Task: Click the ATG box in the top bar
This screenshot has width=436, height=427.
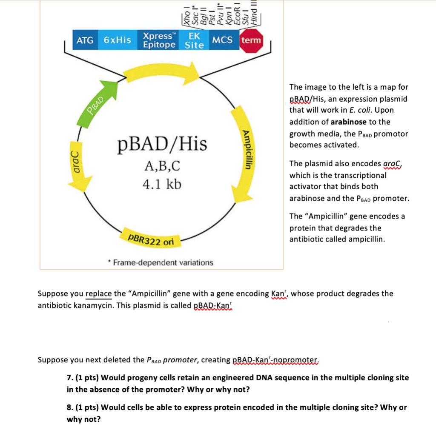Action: (x=85, y=40)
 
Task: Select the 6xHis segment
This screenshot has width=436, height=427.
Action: (x=118, y=40)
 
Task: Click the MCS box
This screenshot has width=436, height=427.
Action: (x=223, y=40)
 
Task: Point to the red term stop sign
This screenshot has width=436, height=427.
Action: (x=252, y=41)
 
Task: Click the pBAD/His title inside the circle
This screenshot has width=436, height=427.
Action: (x=161, y=144)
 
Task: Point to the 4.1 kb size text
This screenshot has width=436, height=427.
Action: (x=161, y=184)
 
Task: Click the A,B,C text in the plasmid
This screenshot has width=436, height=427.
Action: (x=161, y=165)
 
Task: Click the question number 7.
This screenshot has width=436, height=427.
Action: (x=69, y=378)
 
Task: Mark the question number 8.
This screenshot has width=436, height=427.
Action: (x=69, y=407)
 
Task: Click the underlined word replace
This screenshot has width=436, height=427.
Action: (x=98, y=293)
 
